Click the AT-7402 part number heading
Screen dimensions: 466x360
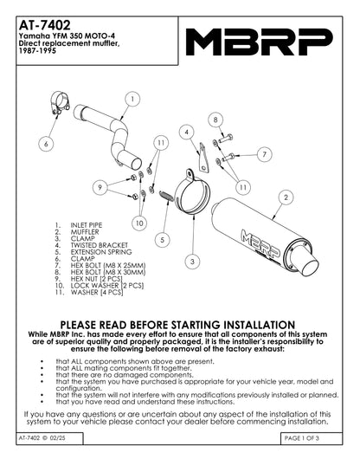(x=42, y=13)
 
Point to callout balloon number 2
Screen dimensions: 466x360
(x=285, y=197)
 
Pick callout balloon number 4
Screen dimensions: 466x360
(x=186, y=132)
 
